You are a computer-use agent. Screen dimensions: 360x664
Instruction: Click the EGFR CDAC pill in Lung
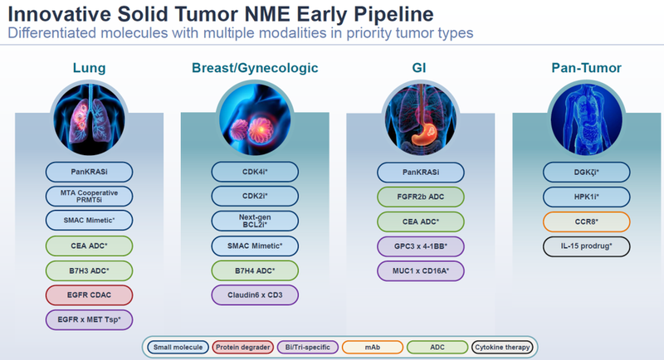pos(89,294)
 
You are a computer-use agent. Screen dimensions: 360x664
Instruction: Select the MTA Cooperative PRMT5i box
pos(89,197)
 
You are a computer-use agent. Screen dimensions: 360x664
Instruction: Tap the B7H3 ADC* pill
pos(89,270)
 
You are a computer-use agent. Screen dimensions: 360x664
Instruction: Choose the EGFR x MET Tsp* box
pos(89,319)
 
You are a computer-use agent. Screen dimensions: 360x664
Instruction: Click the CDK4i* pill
pos(254,173)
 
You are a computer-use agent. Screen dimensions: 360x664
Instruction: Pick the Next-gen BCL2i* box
pos(254,221)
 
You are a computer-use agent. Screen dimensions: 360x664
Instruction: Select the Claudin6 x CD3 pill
pos(254,294)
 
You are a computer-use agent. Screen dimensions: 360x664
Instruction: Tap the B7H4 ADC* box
pos(254,270)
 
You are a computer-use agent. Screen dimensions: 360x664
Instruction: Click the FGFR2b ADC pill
pos(419,197)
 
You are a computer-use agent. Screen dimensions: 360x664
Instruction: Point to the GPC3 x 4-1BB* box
pos(419,246)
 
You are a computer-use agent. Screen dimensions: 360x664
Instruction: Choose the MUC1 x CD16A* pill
pos(419,270)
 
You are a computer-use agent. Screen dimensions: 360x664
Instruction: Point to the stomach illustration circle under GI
pos(419,117)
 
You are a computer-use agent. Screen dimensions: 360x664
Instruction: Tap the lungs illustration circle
pos(90,117)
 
